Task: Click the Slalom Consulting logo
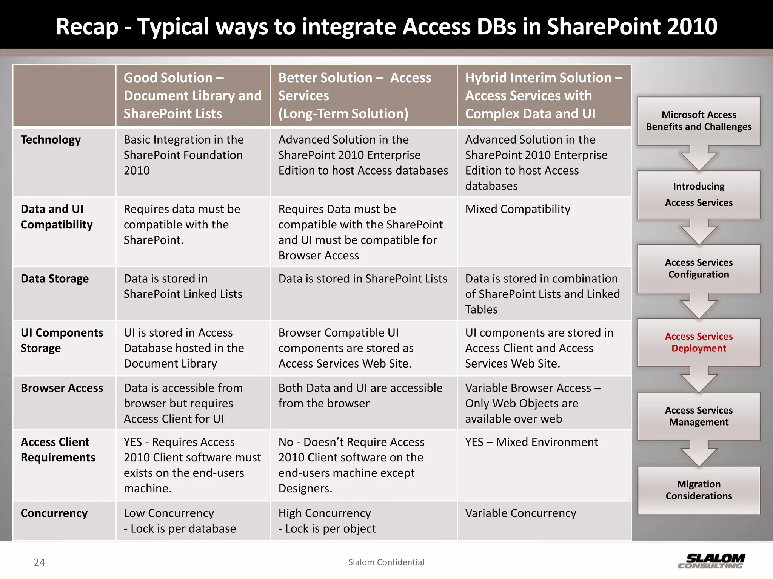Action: (711, 561)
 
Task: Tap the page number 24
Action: (39, 562)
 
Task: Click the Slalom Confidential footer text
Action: (386, 562)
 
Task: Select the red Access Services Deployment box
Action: (699, 342)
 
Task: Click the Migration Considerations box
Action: (699, 490)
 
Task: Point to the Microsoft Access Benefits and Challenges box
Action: (699, 121)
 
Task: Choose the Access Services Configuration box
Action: (699, 268)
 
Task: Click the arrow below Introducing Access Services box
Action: (699, 231)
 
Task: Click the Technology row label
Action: (51, 139)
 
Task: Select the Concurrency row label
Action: (54, 513)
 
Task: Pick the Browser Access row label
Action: (62, 388)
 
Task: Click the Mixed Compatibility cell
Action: (517, 209)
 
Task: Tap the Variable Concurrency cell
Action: (520, 513)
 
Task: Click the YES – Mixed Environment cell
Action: (531, 442)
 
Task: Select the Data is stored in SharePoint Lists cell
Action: (363, 279)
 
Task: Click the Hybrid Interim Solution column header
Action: (544, 95)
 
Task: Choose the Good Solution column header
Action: (192, 95)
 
